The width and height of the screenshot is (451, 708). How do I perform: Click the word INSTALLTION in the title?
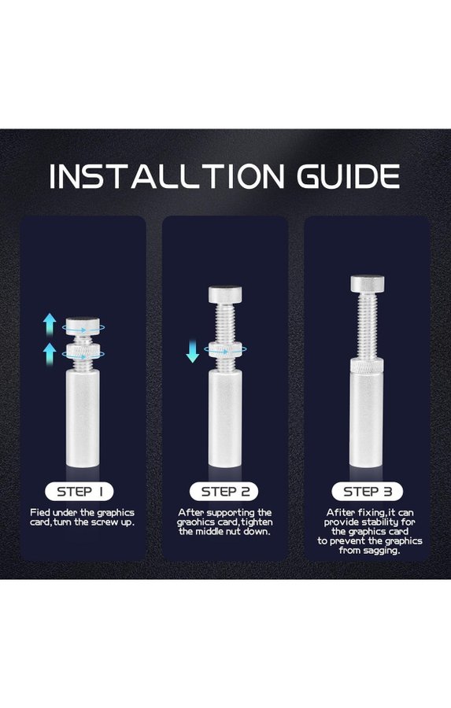tap(167, 176)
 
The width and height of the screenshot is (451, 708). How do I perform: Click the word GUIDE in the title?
tap(349, 176)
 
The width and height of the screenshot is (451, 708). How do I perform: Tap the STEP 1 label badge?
tap(79, 492)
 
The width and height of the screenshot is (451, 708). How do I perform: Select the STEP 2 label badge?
tap(224, 492)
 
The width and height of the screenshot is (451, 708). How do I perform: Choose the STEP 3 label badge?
tap(367, 492)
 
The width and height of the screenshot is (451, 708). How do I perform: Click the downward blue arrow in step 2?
tap(193, 352)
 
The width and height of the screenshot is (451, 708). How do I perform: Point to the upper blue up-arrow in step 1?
tap(50, 324)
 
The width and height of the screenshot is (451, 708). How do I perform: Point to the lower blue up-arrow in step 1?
tap(50, 354)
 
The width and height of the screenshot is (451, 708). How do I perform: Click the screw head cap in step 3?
tap(368, 283)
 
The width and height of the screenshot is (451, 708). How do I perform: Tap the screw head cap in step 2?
tap(225, 294)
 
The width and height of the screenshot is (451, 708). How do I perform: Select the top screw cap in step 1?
tap(83, 326)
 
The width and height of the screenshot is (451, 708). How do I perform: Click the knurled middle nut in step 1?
tap(83, 352)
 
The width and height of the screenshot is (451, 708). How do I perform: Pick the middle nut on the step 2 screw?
tap(225, 350)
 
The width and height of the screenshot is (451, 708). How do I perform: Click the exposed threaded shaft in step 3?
tap(368, 325)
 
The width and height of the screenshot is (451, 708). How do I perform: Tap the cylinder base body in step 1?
tap(83, 419)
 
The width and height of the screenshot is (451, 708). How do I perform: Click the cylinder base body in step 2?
tap(225, 419)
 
